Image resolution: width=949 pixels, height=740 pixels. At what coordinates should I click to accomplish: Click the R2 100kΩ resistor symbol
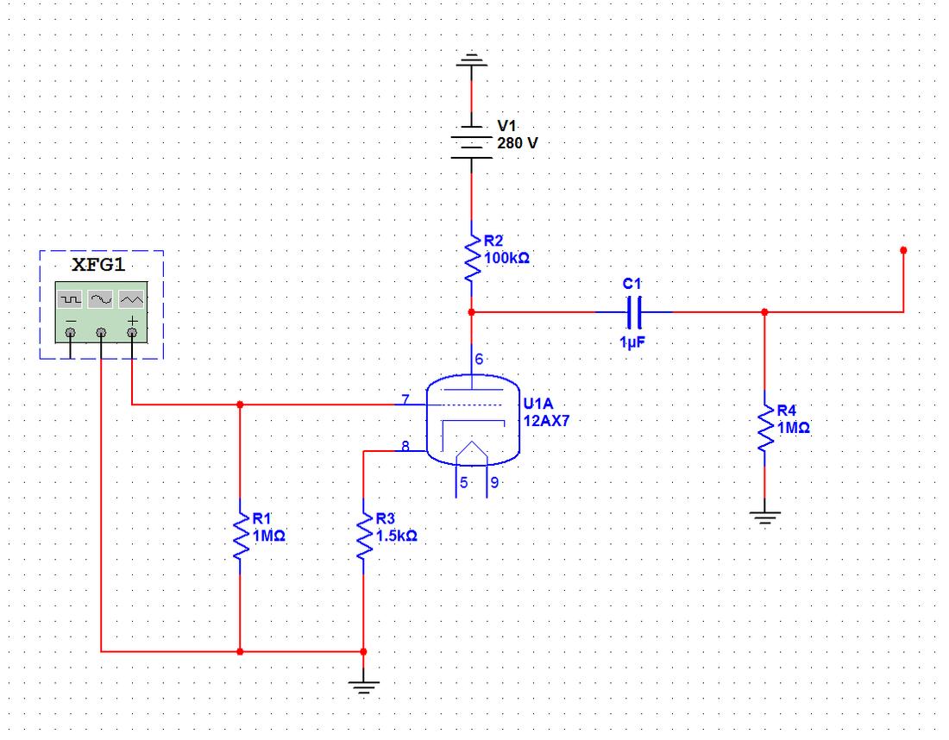pyautogui.click(x=471, y=254)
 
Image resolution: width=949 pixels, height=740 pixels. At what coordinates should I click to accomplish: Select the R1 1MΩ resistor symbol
pyautogui.click(x=240, y=534)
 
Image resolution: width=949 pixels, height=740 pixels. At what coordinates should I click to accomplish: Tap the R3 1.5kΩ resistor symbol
pyautogui.click(x=363, y=534)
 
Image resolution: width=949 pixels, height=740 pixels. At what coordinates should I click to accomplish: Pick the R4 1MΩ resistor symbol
pyautogui.click(x=764, y=423)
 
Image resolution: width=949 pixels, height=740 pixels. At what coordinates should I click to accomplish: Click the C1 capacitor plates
pyautogui.click(x=636, y=311)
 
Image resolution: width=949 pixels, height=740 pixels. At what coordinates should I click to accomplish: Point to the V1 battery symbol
pyautogui.click(x=471, y=138)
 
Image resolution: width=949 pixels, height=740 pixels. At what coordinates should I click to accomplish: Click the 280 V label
pyautogui.click(x=517, y=142)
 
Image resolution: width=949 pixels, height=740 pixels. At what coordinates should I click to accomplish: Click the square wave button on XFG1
pyautogui.click(x=70, y=298)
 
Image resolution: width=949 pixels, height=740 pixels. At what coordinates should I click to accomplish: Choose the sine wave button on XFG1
pyautogui.click(x=101, y=298)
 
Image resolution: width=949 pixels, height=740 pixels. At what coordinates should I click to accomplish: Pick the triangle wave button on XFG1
pyautogui.click(x=131, y=298)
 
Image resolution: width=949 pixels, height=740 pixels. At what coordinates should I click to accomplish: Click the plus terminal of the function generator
pyautogui.click(x=131, y=330)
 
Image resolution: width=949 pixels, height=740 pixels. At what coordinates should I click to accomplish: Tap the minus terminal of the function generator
pyautogui.click(x=70, y=330)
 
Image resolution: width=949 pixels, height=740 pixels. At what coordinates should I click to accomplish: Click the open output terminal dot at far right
pyautogui.click(x=903, y=250)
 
